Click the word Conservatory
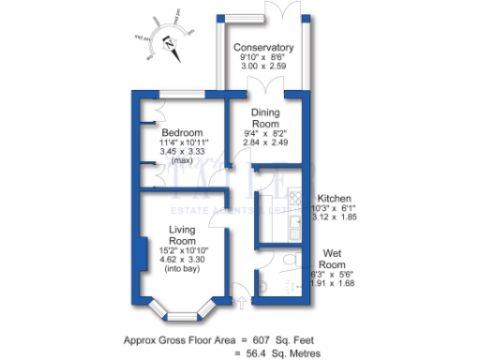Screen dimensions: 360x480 264,48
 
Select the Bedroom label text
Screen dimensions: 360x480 181,132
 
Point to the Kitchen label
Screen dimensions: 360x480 336,199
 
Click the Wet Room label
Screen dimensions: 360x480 337,259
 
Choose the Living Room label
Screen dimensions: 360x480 182,235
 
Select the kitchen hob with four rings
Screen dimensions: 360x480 267,203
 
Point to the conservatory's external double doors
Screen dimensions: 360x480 281,7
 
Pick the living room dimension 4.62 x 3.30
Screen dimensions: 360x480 182,261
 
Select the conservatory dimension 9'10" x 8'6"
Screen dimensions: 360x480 264,58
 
